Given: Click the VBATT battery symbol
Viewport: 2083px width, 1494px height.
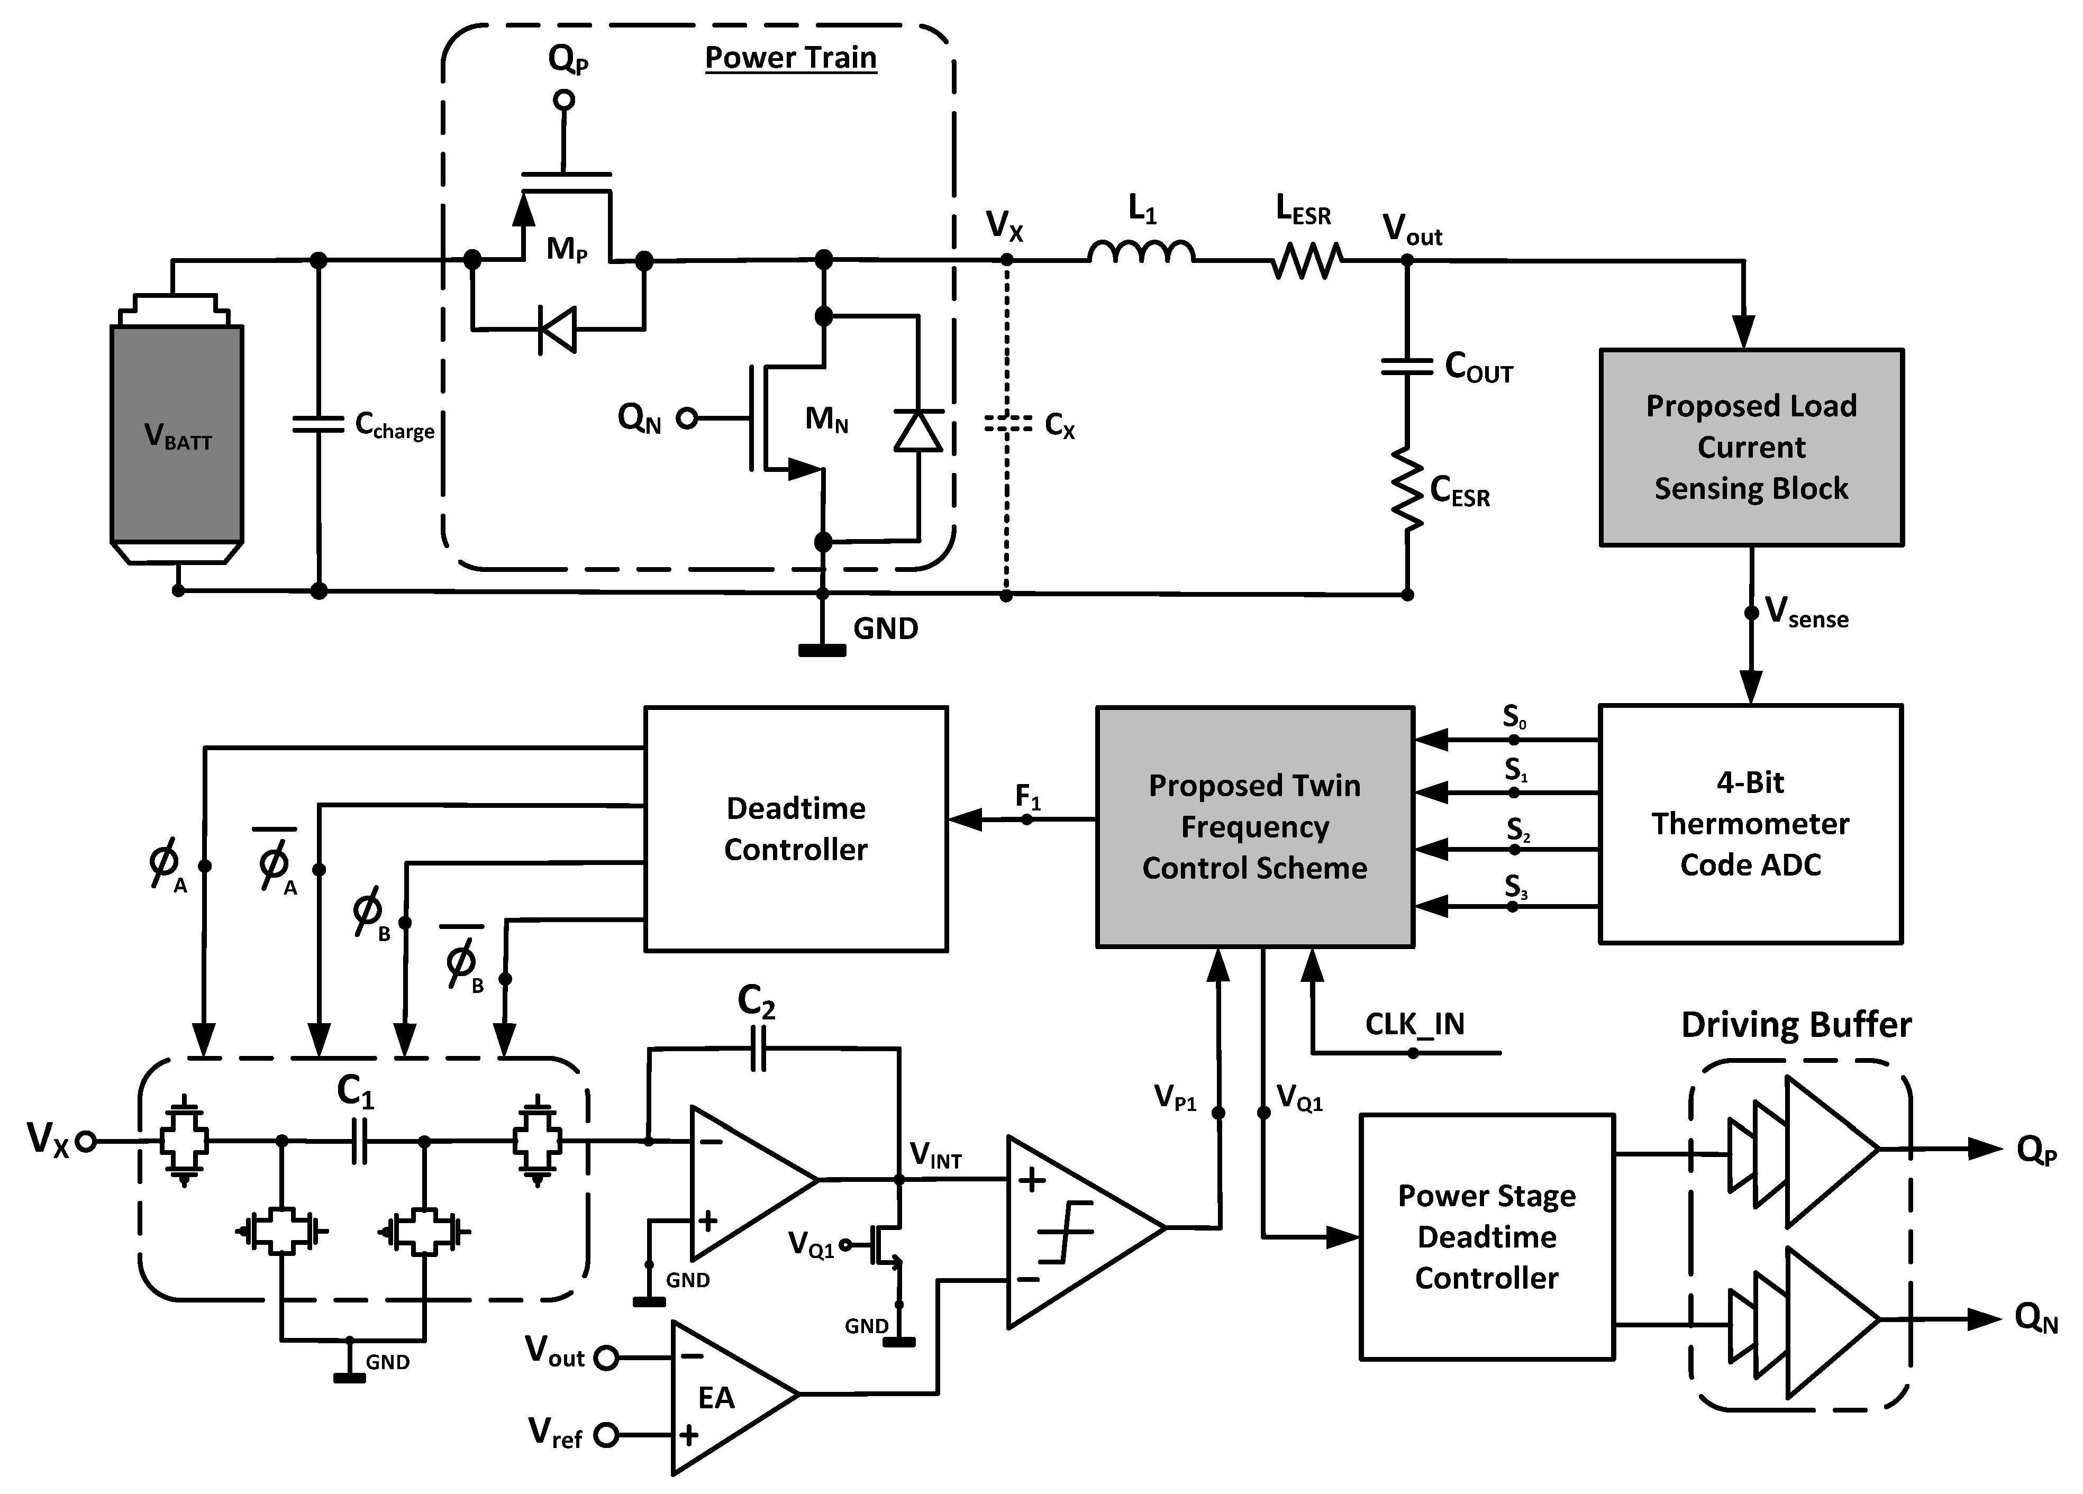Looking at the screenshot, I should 177,432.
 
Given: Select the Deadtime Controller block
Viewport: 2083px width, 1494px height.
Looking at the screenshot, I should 795,828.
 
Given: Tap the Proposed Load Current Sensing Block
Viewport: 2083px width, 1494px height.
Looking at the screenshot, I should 1751,447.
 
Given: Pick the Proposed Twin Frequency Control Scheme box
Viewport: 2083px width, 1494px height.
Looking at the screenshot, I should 1254,826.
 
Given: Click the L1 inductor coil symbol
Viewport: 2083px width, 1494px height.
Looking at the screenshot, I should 1142,252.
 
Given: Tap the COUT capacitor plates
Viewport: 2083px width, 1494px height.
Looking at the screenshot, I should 1406,367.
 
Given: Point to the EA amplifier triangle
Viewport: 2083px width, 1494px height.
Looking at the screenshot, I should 725,1396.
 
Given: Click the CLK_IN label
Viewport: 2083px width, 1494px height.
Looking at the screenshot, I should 1414,1024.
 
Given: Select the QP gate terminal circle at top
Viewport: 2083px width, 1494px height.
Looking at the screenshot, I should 564,99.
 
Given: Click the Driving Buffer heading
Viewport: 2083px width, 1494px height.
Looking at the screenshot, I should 1796,1024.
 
